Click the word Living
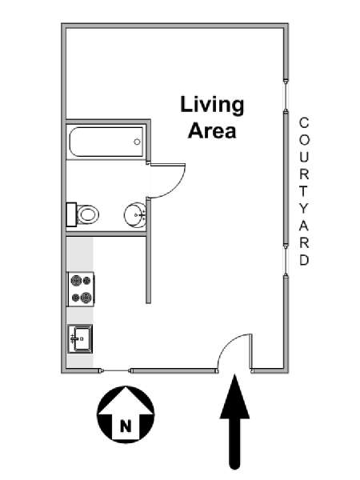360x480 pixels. click(x=212, y=106)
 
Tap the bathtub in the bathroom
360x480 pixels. click(x=106, y=142)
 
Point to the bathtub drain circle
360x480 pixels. click(x=137, y=142)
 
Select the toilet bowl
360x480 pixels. click(x=88, y=214)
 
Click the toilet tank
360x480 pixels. click(x=71, y=214)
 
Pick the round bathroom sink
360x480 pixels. click(x=135, y=215)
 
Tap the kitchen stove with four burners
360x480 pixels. click(x=81, y=289)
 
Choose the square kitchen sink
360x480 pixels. click(x=80, y=339)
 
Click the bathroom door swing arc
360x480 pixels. click(x=175, y=189)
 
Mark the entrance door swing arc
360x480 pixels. click(x=228, y=343)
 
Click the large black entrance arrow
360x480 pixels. click(x=234, y=422)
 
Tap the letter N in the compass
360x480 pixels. click(x=126, y=426)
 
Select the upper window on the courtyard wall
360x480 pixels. click(x=286, y=96)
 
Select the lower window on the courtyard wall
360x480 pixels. click(x=286, y=259)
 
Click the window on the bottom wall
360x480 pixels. click(x=116, y=370)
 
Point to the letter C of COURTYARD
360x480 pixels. click(x=304, y=123)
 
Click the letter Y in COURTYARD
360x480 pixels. click(x=304, y=209)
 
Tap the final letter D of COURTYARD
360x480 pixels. click(x=304, y=260)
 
